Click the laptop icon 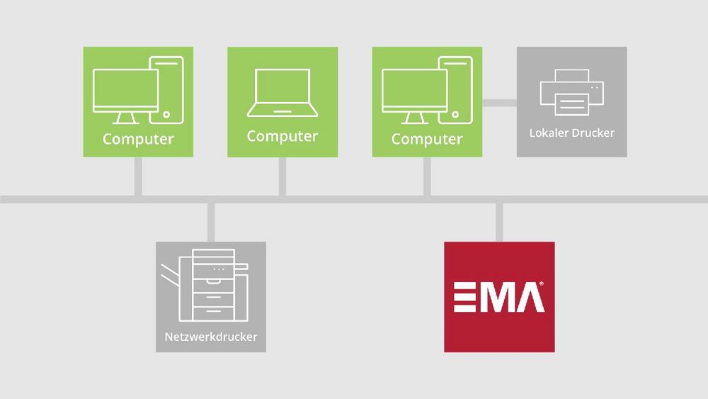(282, 93)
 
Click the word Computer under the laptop (282, 136)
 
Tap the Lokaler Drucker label (571, 133)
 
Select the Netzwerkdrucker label (211, 337)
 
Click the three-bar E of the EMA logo (464, 297)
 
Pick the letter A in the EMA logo (529, 297)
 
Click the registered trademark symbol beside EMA (542, 283)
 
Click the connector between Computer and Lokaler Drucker (499, 103)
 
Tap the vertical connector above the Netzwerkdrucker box (211, 223)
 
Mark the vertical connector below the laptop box (282, 176)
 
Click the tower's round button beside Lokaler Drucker (455, 115)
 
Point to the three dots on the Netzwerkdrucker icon (219, 269)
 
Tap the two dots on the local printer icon (595, 88)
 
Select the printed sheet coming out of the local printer (572, 104)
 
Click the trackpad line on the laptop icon (282, 111)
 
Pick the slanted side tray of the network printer (170, 274)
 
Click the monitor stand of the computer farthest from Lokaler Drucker (125, 118)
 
